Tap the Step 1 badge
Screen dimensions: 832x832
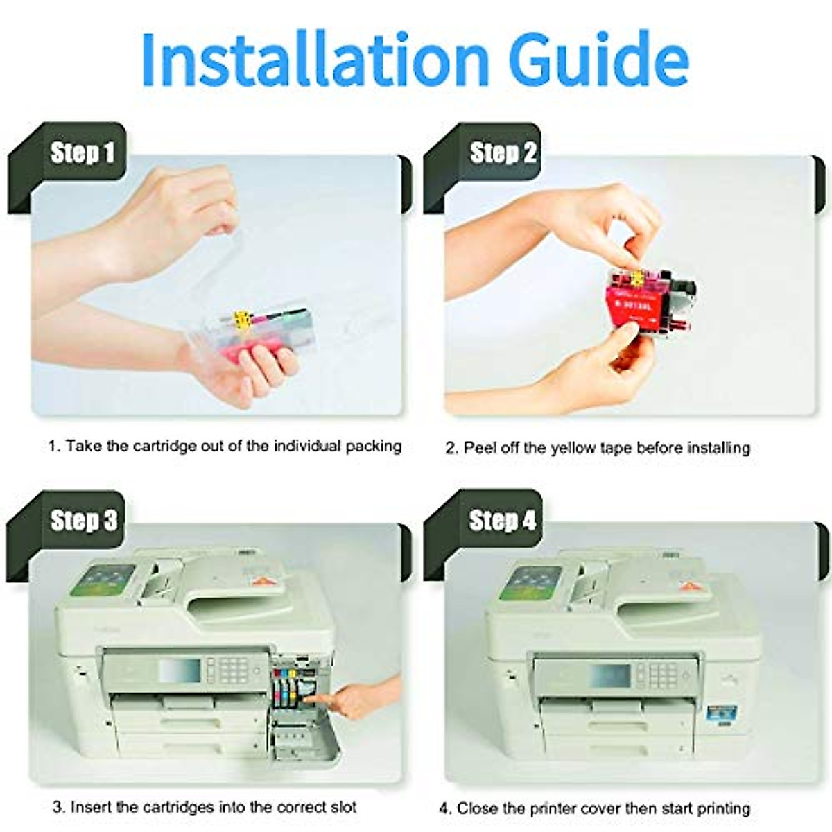(x=82, y=153)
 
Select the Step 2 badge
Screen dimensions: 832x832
(x=503, y=153)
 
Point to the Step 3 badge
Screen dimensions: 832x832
(x=83, y=521)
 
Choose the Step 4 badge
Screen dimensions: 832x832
(x=502, y=520)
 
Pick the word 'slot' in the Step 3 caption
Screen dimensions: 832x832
(x=341, y=807)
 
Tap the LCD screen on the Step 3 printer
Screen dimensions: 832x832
(x=179, y=670)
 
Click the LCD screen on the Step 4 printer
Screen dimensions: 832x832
(x=609, y=674)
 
